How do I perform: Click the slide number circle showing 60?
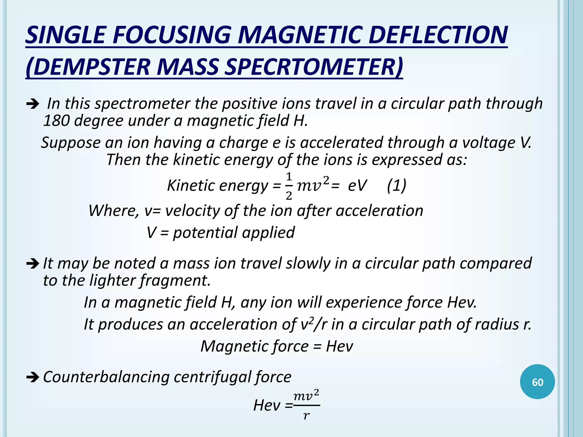point(537,382)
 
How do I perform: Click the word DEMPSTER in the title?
point(91,67)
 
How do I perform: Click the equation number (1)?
point(397,185)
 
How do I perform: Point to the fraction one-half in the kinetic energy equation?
point(289,186)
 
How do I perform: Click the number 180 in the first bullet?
point(56,121)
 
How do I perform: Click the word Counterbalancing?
point(106,377)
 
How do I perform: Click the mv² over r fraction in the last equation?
point(306,405)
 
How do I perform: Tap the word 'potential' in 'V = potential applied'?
point(205,233)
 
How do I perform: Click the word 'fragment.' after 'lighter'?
point(175,281)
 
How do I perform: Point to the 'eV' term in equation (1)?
point(357,185)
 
